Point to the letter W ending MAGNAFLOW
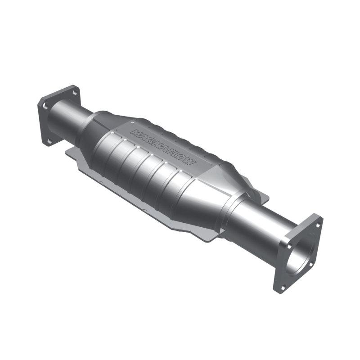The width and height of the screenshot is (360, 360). (191, 162)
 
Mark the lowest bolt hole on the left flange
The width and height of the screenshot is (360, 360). (49, 141)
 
